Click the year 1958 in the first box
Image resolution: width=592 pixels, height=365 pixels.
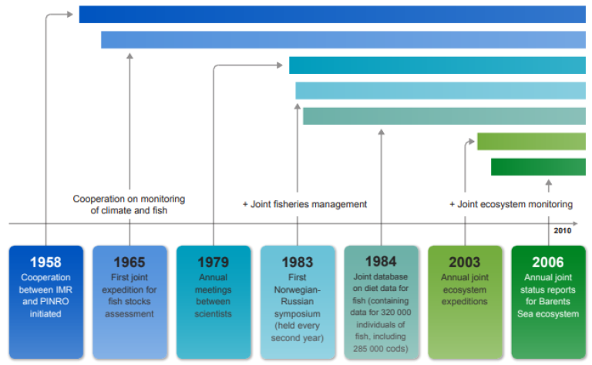coord(45,263)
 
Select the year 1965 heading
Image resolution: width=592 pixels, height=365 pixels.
coord(129,263)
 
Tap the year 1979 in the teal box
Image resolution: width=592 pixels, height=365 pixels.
coord(213,263)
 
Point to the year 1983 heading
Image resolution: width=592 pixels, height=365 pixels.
coord(298,263)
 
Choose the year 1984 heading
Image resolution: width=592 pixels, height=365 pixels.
coord(381,261)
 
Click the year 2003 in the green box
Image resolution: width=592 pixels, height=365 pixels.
coord(465,263)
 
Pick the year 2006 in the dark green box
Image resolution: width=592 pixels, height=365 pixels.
coord(548,263)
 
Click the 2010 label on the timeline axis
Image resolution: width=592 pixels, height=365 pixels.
coord(562,230)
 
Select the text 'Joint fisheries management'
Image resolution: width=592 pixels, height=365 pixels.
coord(308,204)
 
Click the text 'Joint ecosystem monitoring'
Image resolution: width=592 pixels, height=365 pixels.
coord(515,204)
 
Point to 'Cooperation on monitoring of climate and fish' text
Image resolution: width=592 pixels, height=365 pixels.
coord(129,204)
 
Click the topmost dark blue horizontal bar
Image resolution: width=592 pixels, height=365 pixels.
coord(331,14)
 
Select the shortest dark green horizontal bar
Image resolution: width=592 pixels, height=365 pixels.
coord(538,166)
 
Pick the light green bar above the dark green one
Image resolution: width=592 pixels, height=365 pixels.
coord(531,141)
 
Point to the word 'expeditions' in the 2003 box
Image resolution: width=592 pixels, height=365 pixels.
coord(465,302)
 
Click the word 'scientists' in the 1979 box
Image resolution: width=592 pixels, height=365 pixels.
coord(213,314)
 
